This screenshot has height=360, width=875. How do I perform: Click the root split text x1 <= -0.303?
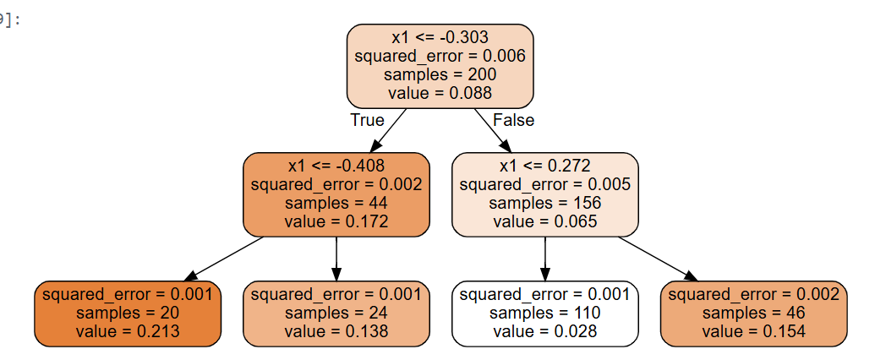coord(440,38)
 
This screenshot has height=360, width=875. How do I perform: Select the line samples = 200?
coord(440,75)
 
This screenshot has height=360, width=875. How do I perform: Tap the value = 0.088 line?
coord(440,94)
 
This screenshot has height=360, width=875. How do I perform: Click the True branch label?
coord(367,120)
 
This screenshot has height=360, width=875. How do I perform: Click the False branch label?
coord(513,120)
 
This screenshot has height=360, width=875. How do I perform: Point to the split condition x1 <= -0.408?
coord(336,166)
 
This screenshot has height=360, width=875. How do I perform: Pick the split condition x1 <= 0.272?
coord(544,166)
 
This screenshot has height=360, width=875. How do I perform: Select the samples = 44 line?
coord(336,203)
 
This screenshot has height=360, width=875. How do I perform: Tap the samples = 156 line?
coord(544,203)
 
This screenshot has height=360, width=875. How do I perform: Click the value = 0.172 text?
coord(336,221)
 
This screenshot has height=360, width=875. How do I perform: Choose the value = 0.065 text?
coord(544,221)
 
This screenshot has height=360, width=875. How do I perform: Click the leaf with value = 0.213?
coord(128,314)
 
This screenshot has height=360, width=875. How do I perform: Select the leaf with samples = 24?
coord(336,314)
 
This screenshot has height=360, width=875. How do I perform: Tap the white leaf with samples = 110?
coord(544,314)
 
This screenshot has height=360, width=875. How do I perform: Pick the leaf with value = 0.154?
coord(753,314)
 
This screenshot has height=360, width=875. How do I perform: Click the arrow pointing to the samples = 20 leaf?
coord(224,259)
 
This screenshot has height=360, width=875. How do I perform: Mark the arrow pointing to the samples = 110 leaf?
coord(544,259)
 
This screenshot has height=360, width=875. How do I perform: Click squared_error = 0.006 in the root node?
coord(440,57)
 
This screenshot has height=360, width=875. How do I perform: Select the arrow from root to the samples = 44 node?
coord(388,131)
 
